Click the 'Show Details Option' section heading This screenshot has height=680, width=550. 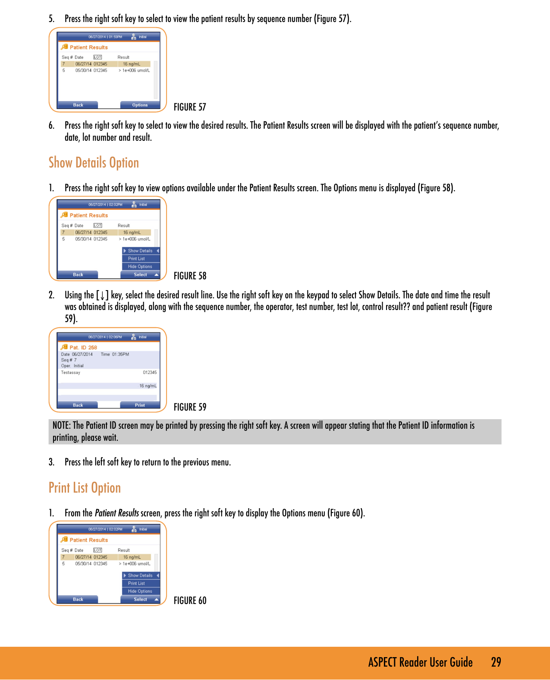tap(94, 163)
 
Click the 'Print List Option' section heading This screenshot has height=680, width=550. tap(85, 488)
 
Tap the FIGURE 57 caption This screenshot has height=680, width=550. tap(190, 107)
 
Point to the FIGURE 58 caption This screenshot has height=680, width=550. tap(190, 276)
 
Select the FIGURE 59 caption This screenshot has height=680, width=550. tap(190, 407)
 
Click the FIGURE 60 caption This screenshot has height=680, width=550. tap(190, 601)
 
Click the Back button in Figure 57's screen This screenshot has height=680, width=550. tap(78, 105)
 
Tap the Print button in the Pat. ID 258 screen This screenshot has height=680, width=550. tap(140, 405)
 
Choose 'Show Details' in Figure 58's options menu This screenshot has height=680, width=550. tap(140, 251)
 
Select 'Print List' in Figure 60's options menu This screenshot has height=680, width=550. tap(136, 583)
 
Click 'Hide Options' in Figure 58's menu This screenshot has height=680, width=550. tap(140, 267)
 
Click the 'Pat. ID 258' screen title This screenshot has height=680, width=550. tap(83, 348)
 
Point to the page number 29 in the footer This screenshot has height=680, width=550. tap(496, 662)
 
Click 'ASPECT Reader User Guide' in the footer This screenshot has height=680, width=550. tap(420, 662)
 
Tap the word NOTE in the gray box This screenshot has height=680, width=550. tap(61, 425)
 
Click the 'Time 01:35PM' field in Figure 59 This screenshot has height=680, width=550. tap(115, 354)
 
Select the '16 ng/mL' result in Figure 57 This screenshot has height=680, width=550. tap(132, 64)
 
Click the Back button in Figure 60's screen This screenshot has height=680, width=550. tap(78, 599)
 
